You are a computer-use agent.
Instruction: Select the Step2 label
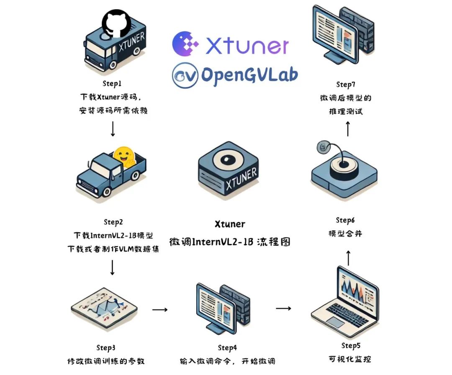click(113, 222)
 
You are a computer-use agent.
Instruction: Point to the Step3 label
click(105, 347)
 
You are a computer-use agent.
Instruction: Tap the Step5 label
click(350, 346)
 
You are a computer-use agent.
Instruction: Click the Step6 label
click(345, 220)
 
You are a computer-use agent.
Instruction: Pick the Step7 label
click(345, 85)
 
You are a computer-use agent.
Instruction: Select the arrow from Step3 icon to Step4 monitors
click(159, 310)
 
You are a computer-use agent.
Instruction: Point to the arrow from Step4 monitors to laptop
click(283, 308)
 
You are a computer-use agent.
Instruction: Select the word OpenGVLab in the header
click(249, 74)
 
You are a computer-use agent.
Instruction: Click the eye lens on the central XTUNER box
click(228, 162)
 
